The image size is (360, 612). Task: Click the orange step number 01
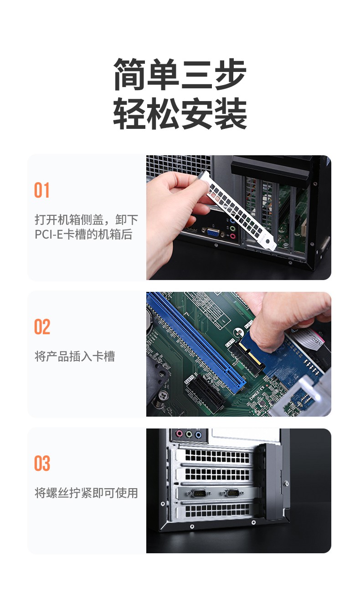coord(42,190)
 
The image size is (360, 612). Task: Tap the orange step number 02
coord(42,327)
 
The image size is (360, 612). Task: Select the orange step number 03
coord(42,464)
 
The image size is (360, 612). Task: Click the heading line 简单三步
coord(180,75)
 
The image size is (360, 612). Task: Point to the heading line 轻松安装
coord(180,113)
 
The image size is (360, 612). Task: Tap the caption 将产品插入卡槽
coord(75,356)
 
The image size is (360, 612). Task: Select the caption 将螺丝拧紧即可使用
coord(86,493)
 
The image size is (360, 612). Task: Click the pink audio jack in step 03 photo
coord(179,434)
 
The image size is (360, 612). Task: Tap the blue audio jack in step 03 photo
coord(198,435)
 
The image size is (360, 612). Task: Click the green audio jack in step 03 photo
coord(188,434)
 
